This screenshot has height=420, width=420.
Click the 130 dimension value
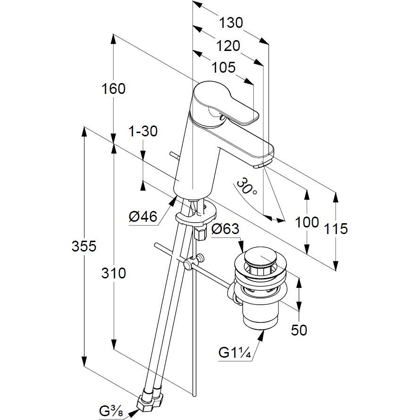(231, 23)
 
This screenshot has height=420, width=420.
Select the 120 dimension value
(228, 46)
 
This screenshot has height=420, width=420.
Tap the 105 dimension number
(224, 67)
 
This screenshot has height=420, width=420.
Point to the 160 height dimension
(113, 89)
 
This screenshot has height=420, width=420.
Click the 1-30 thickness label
(143, 132)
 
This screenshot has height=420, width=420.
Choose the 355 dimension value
(84, 246)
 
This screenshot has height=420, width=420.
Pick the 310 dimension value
(114, 274)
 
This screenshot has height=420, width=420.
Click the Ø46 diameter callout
(143, 217)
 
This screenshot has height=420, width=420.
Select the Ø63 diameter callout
(225, 229)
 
